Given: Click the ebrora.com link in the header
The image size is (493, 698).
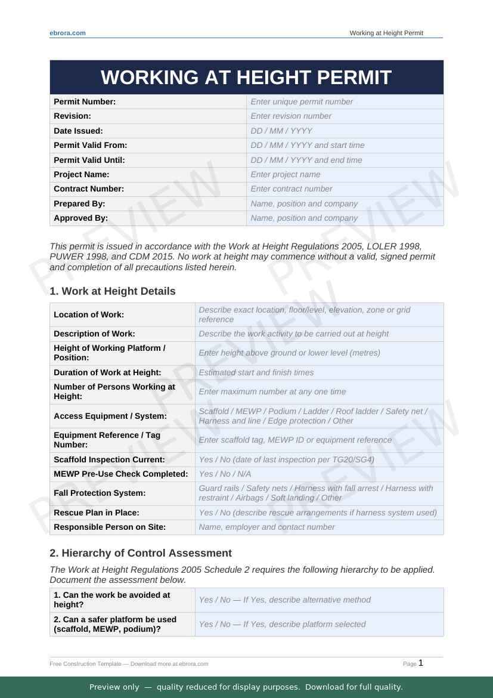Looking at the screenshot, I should (67, 33).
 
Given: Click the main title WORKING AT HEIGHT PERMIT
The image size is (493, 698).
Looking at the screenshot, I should (246, 78).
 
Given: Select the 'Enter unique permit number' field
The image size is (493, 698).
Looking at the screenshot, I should (302, 102).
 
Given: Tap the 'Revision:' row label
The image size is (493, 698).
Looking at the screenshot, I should (73, 116).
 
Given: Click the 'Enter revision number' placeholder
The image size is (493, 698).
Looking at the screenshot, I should (291, 116).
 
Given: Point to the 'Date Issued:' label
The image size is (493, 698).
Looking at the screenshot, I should (78, 131).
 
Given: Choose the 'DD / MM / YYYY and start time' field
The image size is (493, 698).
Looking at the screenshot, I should (308, 146).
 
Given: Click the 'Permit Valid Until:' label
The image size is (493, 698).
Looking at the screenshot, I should (89, 160).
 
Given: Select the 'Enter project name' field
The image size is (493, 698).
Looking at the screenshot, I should (286, 175).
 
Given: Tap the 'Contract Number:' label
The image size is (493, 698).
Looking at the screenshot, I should (89, 189).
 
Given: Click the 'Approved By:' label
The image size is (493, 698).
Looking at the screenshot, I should (81, 218).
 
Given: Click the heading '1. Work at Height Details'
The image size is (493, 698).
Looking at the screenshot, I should (113, 291).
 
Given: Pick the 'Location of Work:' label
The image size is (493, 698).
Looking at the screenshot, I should (89, 315).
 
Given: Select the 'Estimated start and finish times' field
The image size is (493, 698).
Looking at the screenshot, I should (256, 372).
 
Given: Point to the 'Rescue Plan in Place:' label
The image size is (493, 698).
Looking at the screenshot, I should (97, 513).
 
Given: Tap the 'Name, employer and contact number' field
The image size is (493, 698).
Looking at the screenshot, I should (267, 527).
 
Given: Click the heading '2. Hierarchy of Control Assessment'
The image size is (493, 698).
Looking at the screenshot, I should (141, 553).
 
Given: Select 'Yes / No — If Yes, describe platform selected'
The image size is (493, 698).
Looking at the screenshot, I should (283, 625).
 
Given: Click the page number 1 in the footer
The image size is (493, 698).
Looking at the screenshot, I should (421, 663).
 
